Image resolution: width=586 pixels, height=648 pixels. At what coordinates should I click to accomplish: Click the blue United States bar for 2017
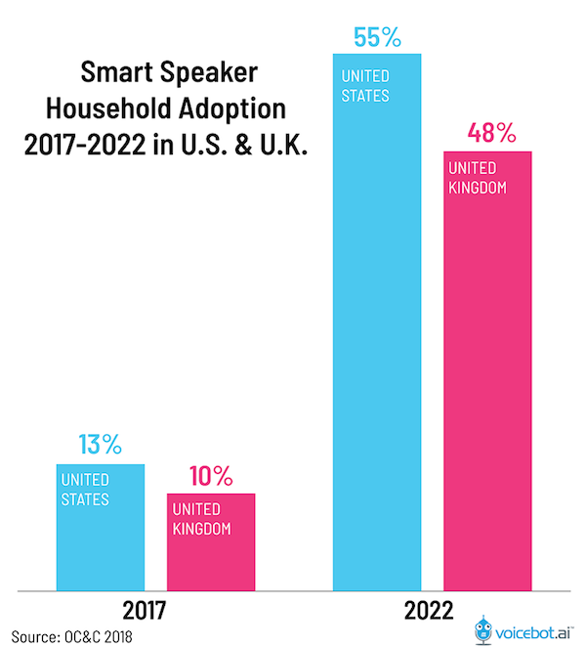point(100,528)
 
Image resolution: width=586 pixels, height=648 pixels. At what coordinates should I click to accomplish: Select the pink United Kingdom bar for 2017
point(211,542)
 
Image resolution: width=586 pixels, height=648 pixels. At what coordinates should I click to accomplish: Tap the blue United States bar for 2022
point(377,323)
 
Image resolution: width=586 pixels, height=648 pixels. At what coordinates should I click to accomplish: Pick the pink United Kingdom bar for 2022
point(487,371)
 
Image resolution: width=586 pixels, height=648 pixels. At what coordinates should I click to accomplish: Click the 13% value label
point(100,445)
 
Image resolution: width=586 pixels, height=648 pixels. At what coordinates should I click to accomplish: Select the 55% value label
point(377,37)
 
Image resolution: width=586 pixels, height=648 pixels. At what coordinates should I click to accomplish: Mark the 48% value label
point(487,134)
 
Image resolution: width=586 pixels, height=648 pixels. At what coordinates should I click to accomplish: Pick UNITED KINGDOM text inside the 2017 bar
point(202,519)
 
